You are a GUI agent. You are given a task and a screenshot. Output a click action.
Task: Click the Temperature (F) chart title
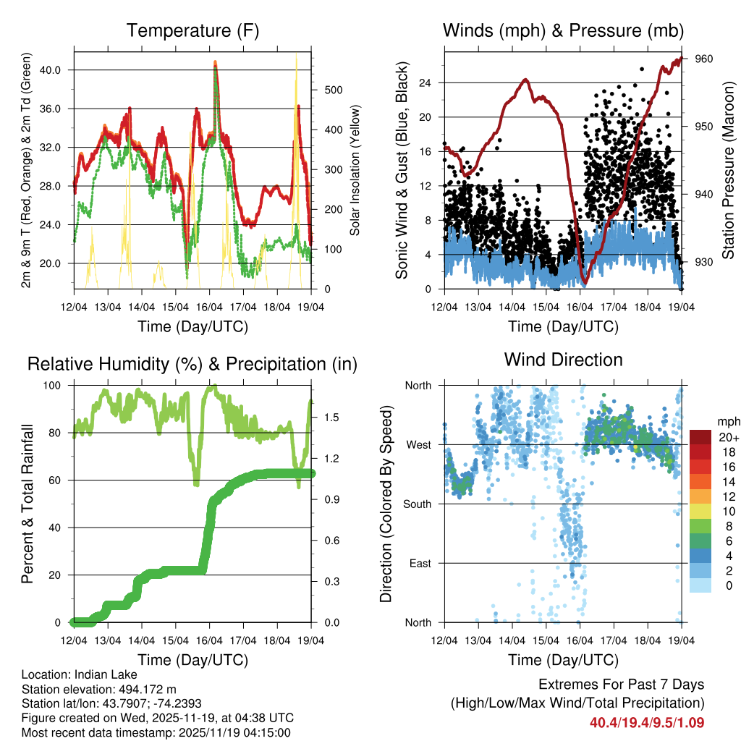pyautogui.click(x=192, y=31)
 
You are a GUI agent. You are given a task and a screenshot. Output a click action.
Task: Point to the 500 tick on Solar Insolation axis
pyautogui.click(x=332, y=90)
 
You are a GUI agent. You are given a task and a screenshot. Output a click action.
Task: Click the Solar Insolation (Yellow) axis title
pyautogui.click(x=355, y=170)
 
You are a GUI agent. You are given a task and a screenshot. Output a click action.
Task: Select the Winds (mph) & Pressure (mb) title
pyautogui.click(x=563, y=31)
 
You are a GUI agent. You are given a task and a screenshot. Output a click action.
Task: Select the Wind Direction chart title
pyautogui.click(x=563, y=360)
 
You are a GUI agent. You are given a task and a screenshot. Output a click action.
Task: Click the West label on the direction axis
pyautogui.click(x=419, y=444)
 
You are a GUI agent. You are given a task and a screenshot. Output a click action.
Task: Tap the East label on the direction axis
pyautogui.click(x=420, y=563)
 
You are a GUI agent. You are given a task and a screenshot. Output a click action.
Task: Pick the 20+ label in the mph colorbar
pyautogui.click(x=728, y=437)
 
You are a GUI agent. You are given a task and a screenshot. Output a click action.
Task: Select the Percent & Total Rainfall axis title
pyautogui.click(x=27, y=504)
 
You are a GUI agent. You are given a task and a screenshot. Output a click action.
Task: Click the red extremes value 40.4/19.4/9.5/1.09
pyautogui.click(x=647, y=722)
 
